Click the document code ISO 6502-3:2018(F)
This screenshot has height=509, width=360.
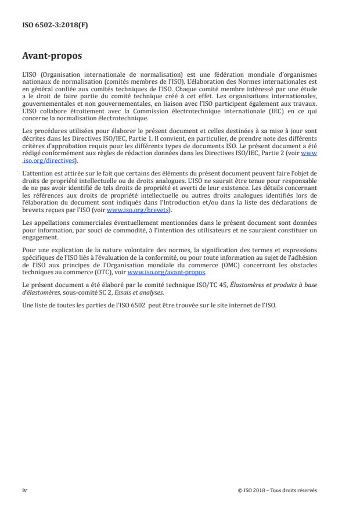tap(48, 25)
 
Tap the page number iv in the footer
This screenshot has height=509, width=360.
tap(24, 490)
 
